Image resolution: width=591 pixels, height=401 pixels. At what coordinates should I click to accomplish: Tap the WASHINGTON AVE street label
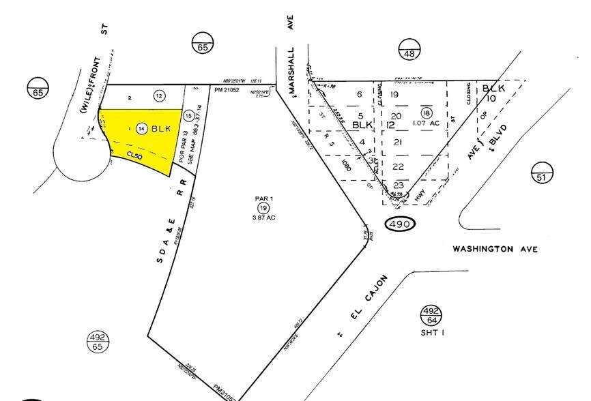495,250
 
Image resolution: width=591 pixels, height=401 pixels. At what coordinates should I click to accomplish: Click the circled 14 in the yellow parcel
141,128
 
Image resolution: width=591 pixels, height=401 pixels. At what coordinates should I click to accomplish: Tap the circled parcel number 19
263,207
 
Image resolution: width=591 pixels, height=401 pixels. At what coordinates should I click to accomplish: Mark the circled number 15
188,116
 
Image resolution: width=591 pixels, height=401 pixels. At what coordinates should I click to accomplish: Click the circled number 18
427,113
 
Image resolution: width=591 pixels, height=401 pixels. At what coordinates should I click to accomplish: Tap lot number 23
399,184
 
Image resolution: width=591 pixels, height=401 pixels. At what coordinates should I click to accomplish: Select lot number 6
360,95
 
